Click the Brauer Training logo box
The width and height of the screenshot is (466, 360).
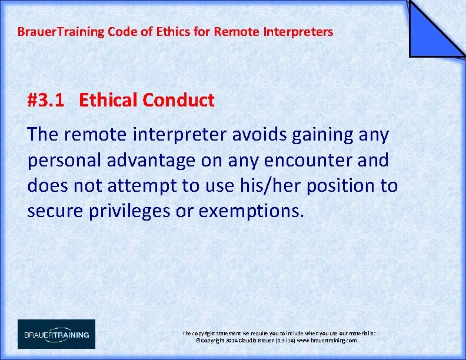tap(56, 334)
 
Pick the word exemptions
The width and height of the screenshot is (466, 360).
tap(252, 211)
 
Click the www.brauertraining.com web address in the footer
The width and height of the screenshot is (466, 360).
tap(327, 341)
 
